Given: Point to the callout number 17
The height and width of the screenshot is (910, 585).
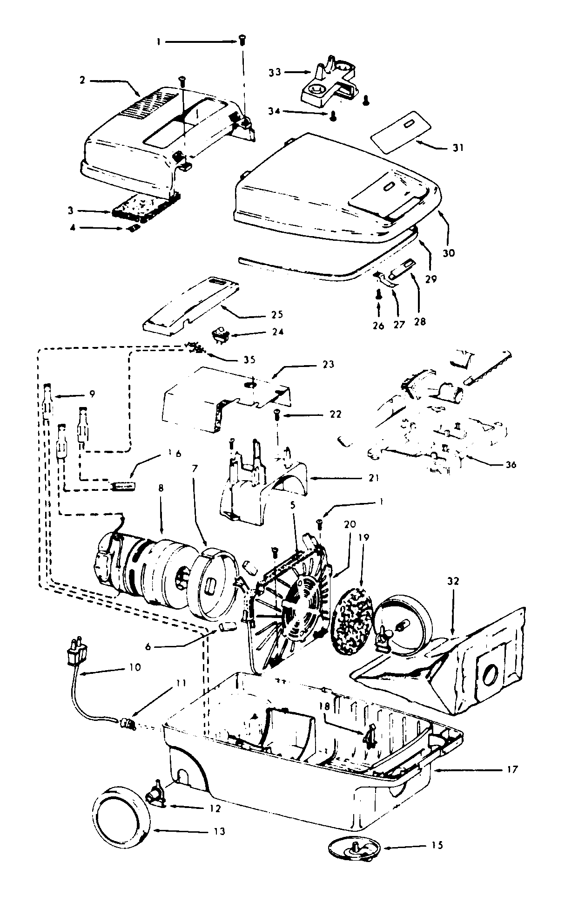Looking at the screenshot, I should coord(511,769).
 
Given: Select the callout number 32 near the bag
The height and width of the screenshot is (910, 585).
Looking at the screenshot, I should coord(453,581).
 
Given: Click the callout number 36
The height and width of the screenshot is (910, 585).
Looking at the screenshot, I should coord(511,464).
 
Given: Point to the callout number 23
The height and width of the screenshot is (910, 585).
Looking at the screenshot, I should coord(328,364).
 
